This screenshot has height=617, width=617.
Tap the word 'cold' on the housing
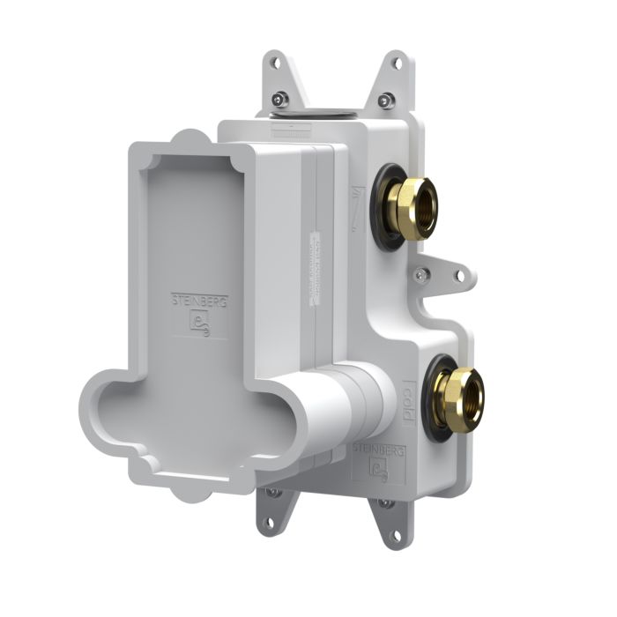(x=409, y=402)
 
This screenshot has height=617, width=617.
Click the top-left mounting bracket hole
(x=275, y=63)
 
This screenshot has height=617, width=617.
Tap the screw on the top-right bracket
(x=384, y=100)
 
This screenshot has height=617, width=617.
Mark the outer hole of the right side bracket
(x=459, y=275)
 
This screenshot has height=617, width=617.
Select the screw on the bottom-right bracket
(x=384, y=503)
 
